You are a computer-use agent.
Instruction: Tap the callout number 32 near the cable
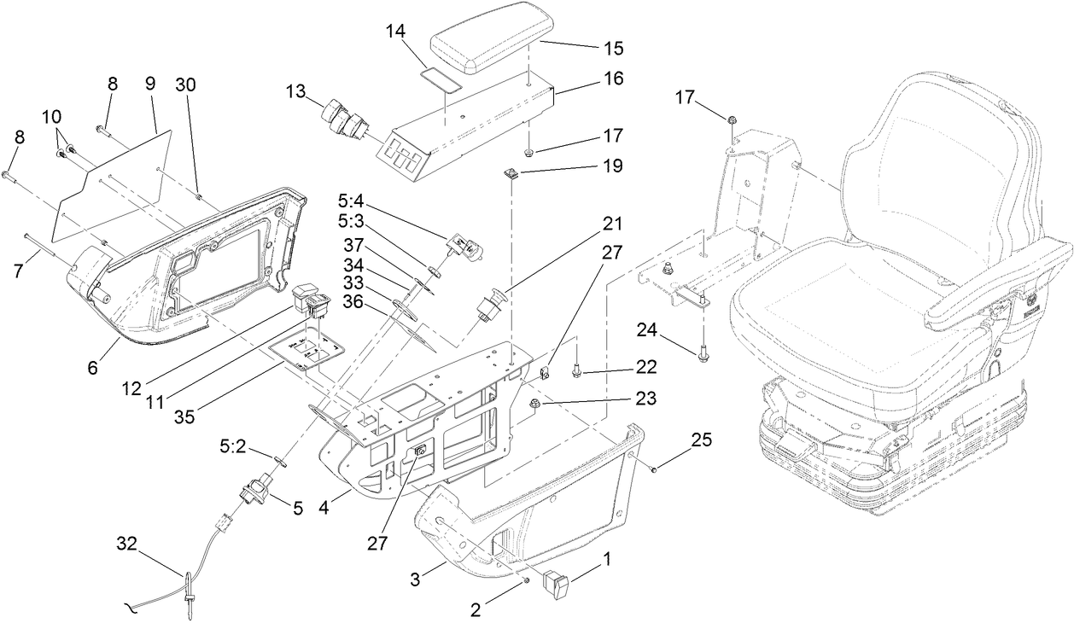tap(125, 542)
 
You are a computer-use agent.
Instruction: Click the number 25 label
tap(701, 440)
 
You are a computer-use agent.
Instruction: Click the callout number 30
tap(185, 84)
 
